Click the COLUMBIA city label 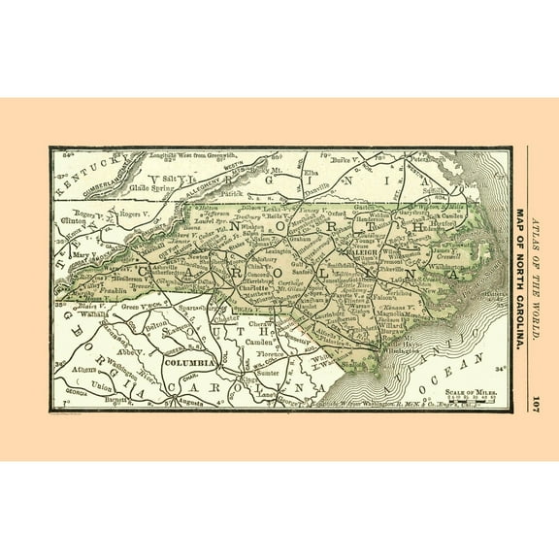189,363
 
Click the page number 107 535,403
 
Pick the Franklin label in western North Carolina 110,290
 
